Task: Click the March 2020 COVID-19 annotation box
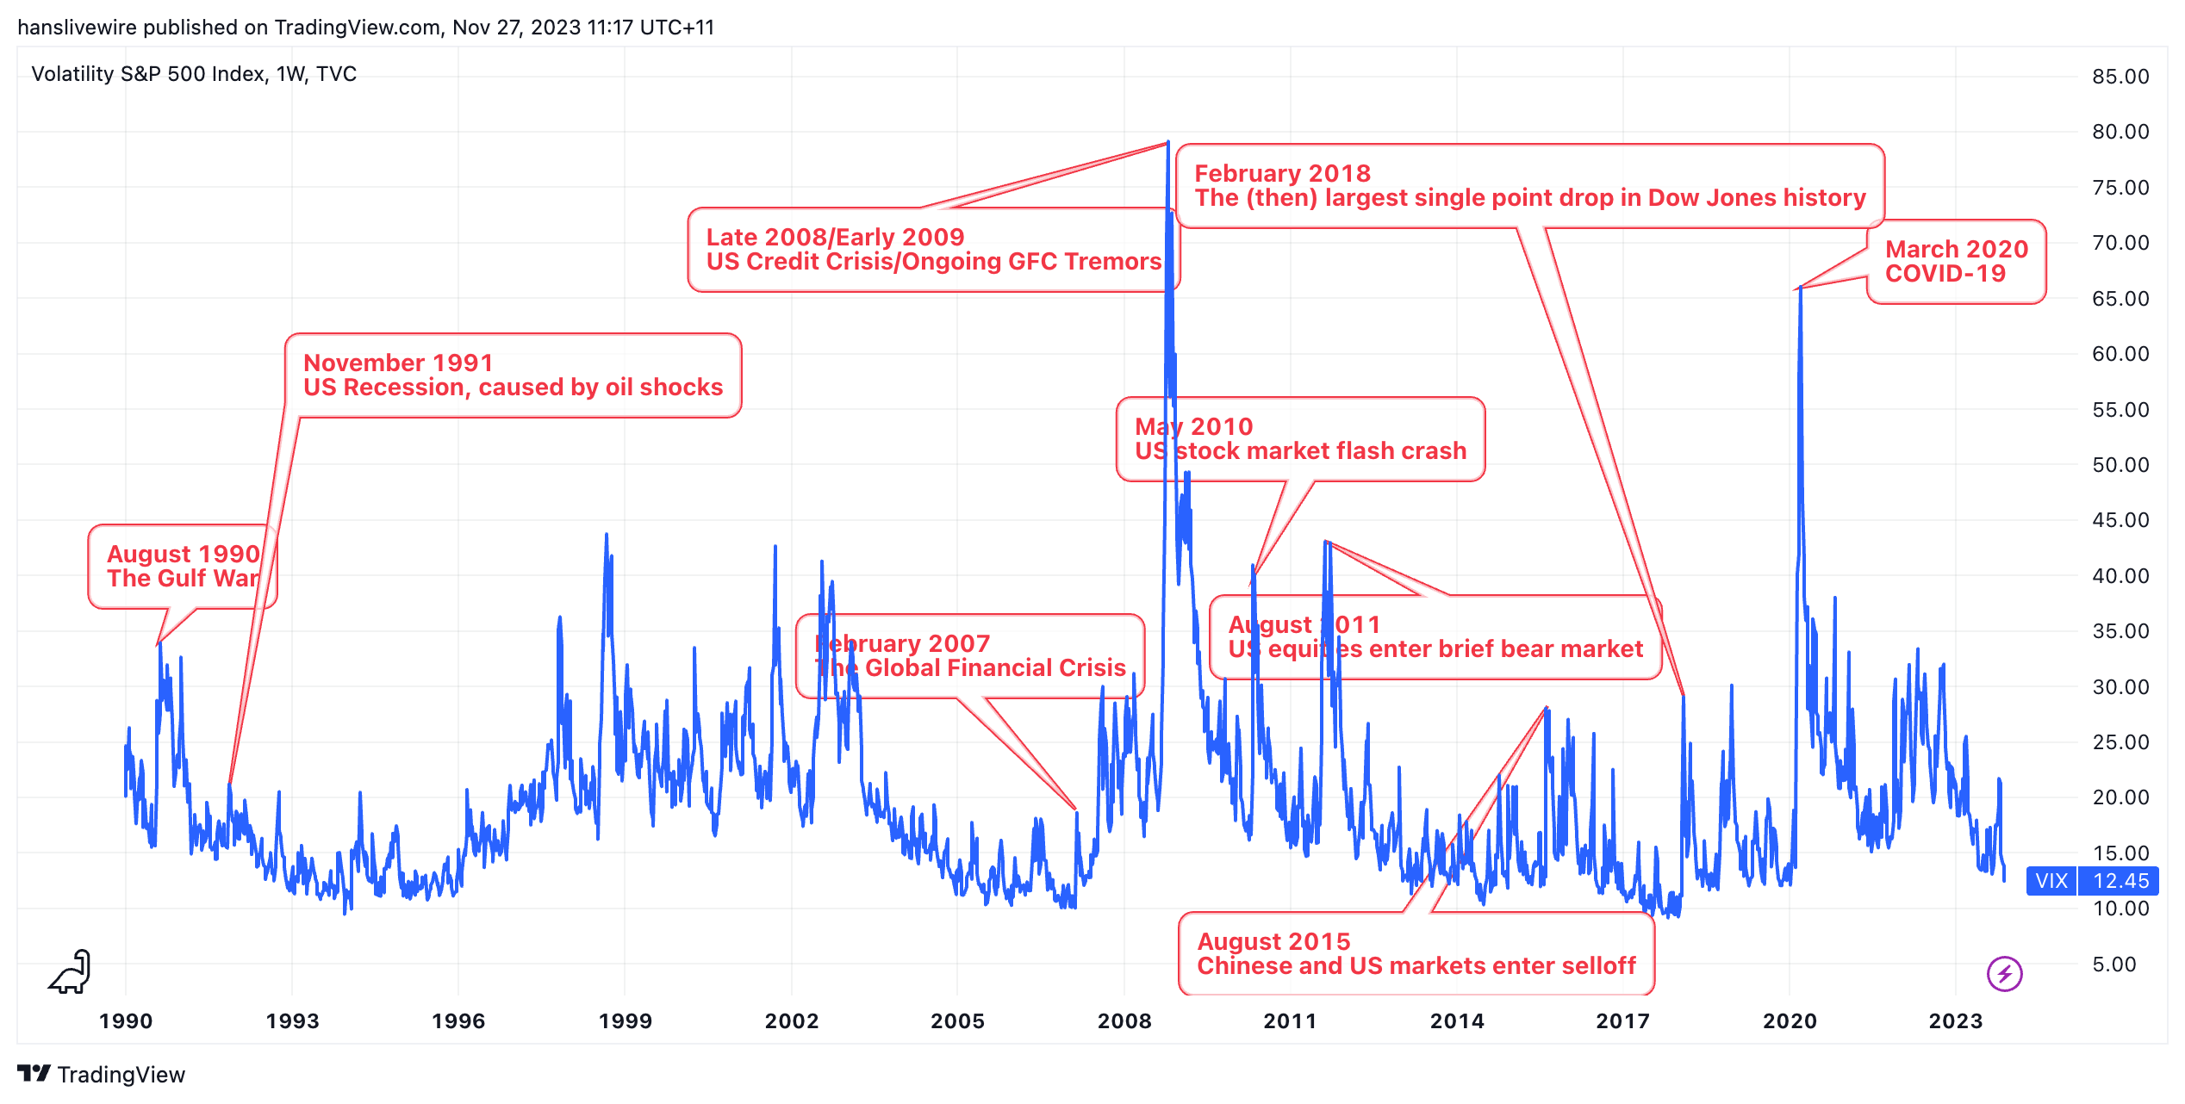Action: pos(1956,262)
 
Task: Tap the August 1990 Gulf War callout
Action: pos(182,567)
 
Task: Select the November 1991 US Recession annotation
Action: pos(513,375)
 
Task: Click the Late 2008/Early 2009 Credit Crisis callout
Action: pos(933,250)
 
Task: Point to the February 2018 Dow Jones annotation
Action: pos(1529,186)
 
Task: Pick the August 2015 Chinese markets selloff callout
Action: pos(1416,954)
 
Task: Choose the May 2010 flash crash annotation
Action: pos(1300,439)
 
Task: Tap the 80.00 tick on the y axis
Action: pos(2120,132)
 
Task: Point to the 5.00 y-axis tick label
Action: pos(2114,964)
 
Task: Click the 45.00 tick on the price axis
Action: pos(2120,520)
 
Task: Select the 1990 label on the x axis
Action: pos(126,1021)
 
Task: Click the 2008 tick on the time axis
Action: pos(1124,1021)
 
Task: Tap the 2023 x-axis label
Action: pos(1956,1021)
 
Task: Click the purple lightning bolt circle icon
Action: pos(2004,974)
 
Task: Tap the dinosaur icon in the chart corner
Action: pos(71,972)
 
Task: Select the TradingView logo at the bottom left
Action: pos(101,1075)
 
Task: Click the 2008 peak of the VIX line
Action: pos(1168,142)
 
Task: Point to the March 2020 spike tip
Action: pos(1800,288)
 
